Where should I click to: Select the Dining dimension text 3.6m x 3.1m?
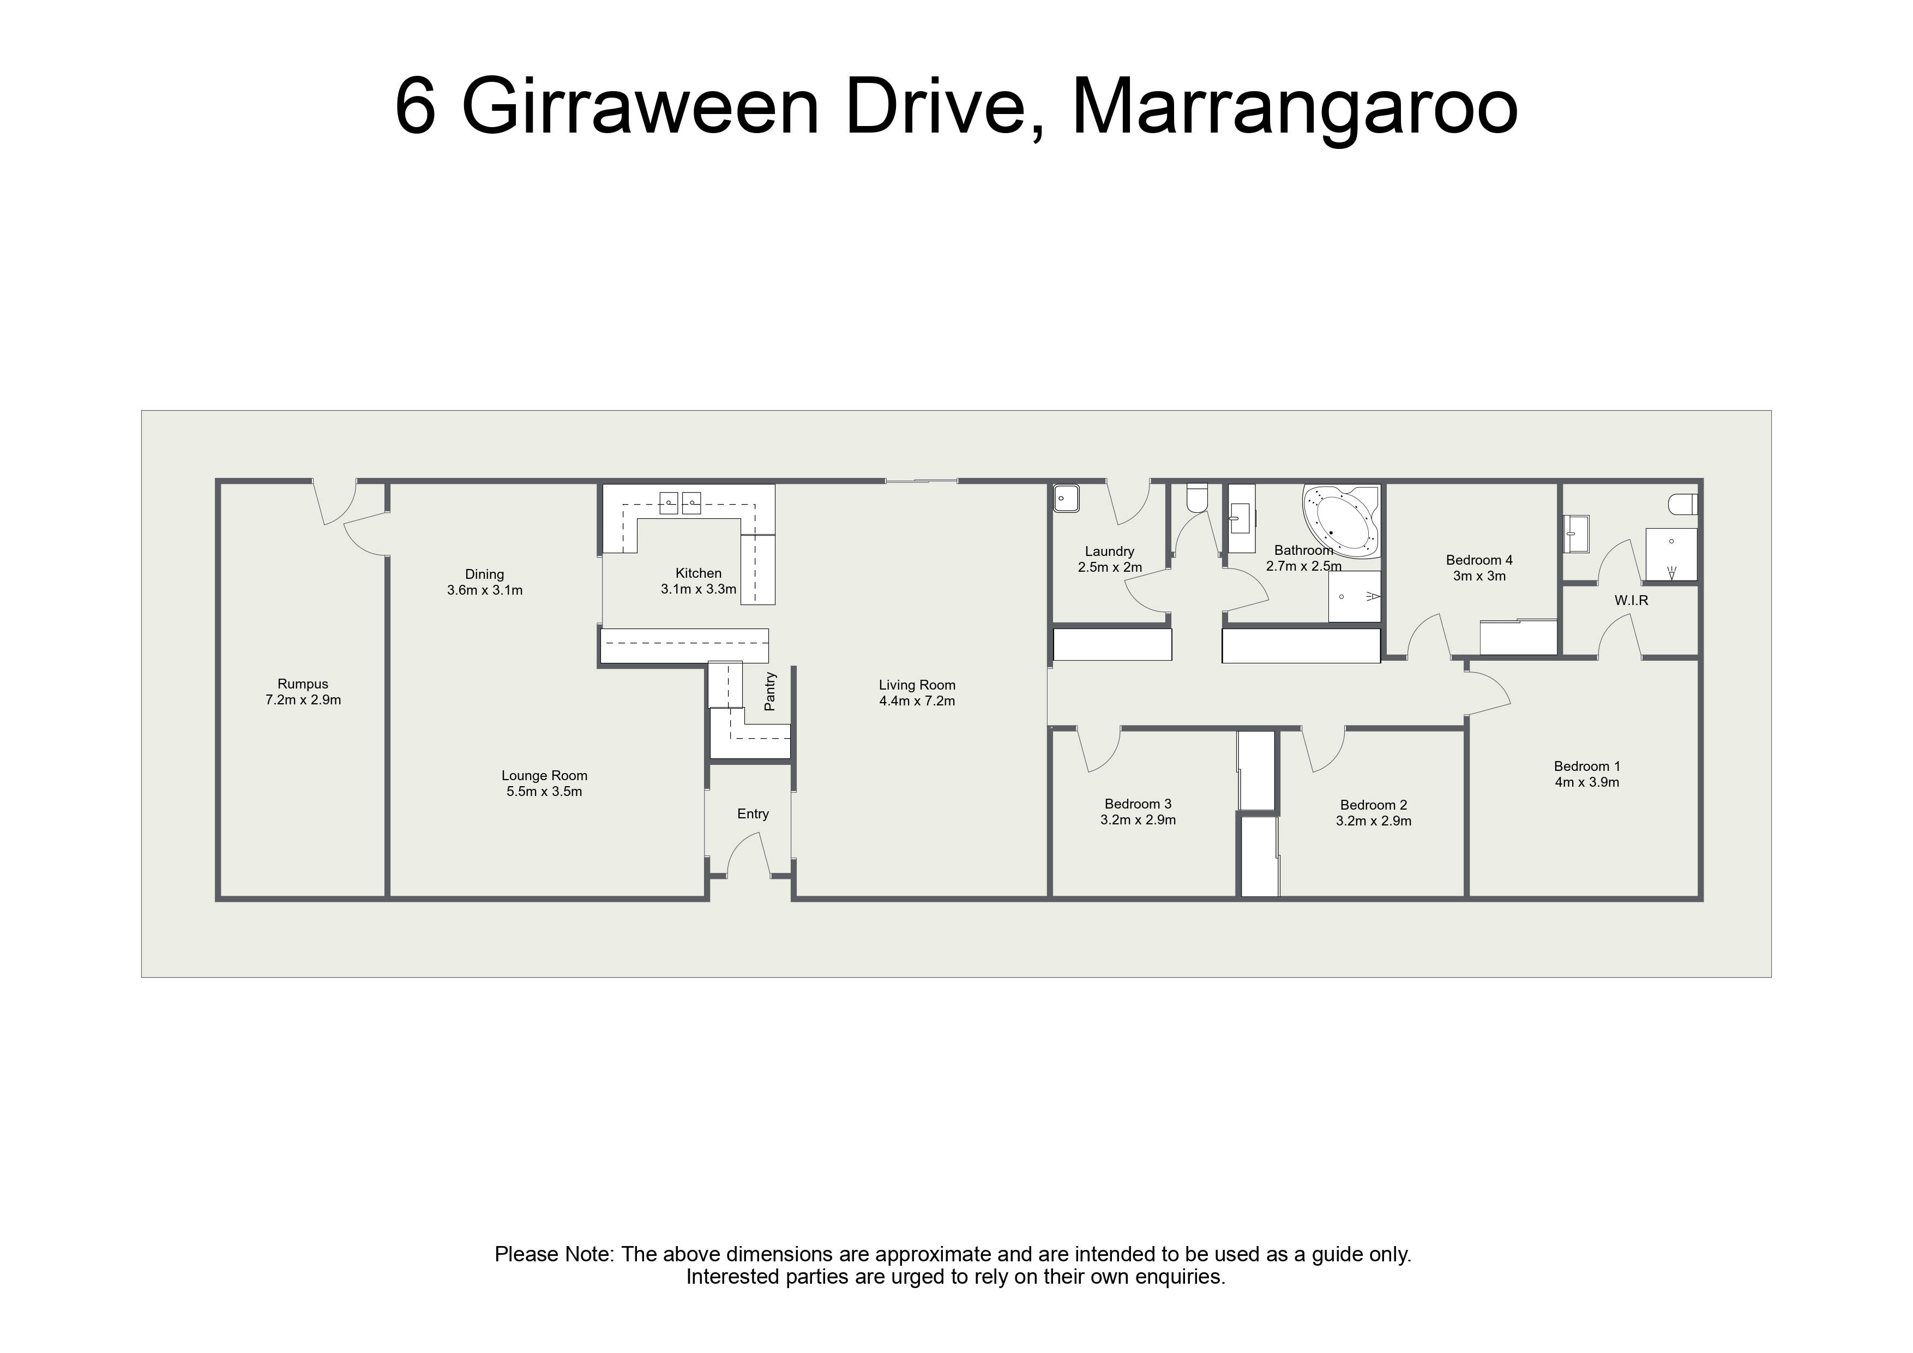tap(485, 590)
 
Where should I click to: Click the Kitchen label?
tap(698, 573)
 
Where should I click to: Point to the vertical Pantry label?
tap(770, 692)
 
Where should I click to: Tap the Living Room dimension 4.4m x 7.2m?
tap(917, 701)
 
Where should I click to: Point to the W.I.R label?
tap(1631, 600)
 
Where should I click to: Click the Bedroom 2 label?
tap(1373, 805)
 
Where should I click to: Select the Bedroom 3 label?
tap(1138, 805)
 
